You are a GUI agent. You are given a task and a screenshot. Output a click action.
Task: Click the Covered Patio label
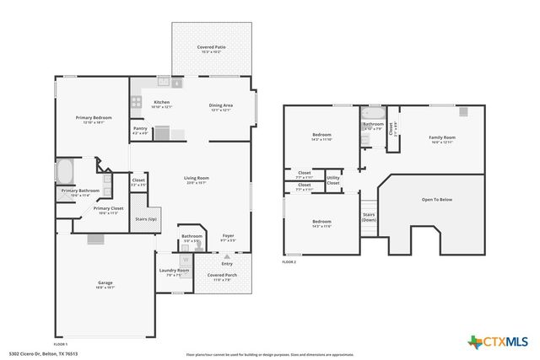211,47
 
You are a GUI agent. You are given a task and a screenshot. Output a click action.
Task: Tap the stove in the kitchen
136,101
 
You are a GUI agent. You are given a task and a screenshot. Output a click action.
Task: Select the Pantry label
139,128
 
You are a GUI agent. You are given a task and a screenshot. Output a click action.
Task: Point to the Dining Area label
221,105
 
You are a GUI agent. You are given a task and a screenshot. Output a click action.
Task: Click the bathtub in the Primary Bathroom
64,172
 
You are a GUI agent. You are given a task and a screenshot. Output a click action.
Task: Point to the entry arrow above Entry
227,252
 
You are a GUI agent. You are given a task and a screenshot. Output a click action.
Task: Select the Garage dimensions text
105,287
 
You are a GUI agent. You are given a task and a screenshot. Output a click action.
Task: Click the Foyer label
228,235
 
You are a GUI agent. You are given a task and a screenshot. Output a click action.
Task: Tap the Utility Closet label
333,180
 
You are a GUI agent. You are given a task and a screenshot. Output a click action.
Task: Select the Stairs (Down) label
369,218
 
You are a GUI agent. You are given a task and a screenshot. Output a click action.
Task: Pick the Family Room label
442,137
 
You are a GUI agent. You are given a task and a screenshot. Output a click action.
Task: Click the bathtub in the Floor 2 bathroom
372,112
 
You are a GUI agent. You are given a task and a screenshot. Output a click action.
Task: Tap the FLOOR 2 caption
289,262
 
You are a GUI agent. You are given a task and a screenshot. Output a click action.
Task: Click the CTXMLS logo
497,341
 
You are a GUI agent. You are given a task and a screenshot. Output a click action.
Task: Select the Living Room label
197,178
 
